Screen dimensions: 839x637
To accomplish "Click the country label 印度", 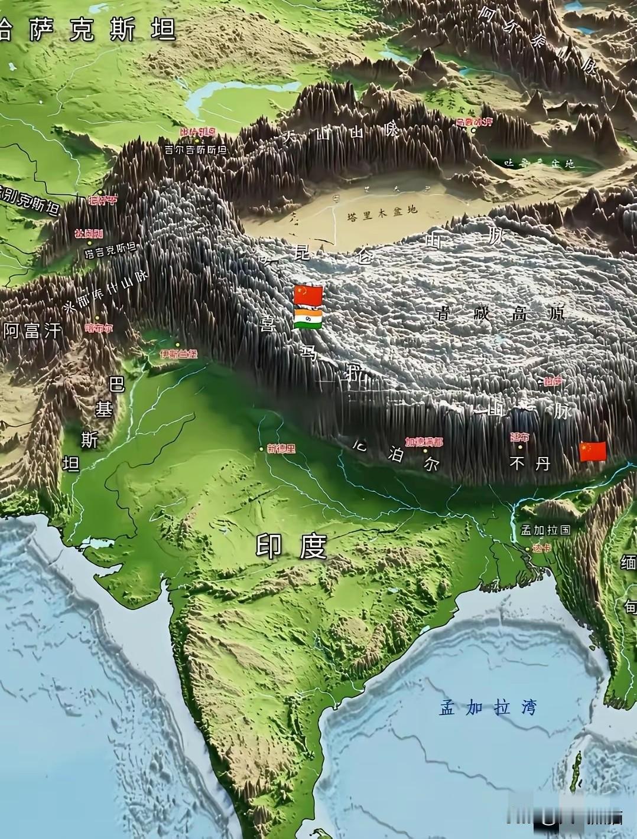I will coord(291,547).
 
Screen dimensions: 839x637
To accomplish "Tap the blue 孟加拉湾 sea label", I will coord(487,707).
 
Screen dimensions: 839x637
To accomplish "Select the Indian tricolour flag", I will coord(308,319).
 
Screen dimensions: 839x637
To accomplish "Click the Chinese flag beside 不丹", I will coord(593,451).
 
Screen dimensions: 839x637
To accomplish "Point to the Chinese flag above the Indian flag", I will coord(308,295).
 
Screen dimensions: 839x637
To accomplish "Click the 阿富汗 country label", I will coord(32,330).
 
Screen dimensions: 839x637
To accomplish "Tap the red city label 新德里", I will coord(281,448).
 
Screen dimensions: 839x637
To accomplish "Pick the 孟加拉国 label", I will coord(545,530).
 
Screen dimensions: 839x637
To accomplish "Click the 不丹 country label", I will coord(529,464).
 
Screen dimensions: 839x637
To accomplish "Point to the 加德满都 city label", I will coord(424,441).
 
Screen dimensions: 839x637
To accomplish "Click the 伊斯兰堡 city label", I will coord(178,354).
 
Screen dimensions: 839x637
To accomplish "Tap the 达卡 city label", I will coord(541,548).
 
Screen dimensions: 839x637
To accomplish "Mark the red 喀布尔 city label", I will coord(99,328).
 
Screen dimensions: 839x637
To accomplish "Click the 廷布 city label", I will coord(519,437).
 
